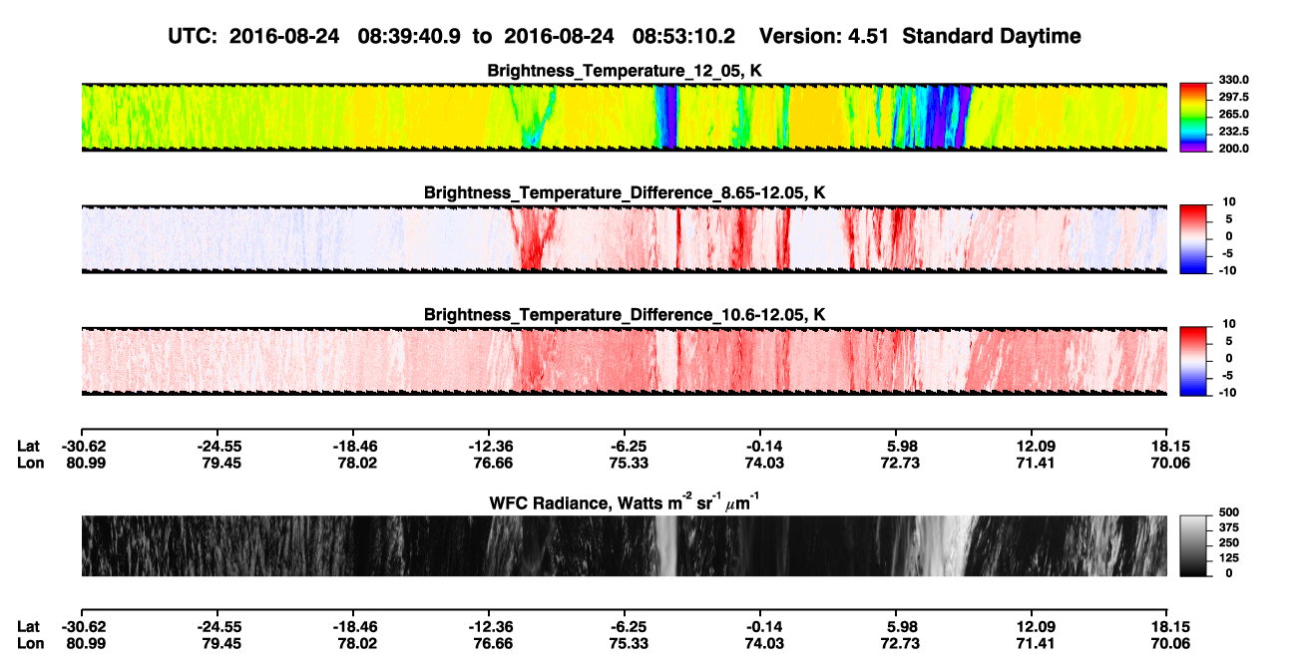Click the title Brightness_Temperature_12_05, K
coord(625,71)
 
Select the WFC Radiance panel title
coord(624,502)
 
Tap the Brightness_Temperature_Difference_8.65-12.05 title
coord(625,192)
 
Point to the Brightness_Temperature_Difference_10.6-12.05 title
coord(625,315)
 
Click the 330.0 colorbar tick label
coord(1233,80)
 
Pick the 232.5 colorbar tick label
coord(1233,132)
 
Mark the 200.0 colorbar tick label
coord(1233,149)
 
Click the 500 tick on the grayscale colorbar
coord(1229,512)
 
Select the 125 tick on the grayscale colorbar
coord(1229,558)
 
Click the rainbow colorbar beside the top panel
coord(1193,118)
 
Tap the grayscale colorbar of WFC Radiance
coord(1193,545)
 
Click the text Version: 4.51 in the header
coord(823,37)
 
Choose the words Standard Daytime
coord(992,37)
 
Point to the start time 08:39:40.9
coord(409,37)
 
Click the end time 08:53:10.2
coord(683,37)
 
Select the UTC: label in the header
coord(193,37)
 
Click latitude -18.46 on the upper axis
coord(354,447)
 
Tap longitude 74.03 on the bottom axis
coord(764,644)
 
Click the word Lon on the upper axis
coord(30,463)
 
